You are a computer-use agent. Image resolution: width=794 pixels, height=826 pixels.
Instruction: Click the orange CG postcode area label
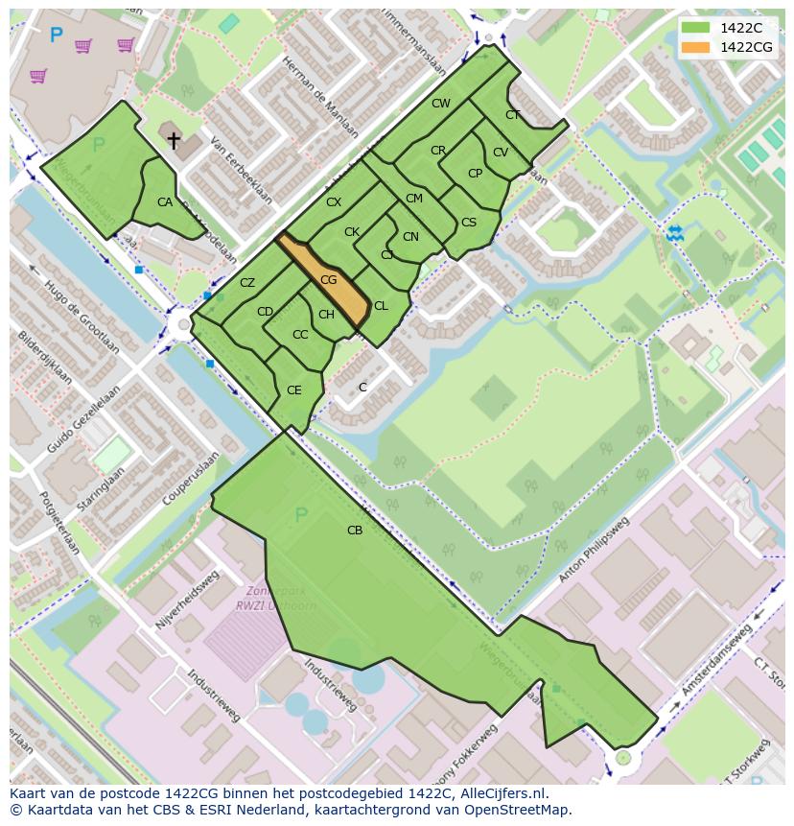coord(328,280)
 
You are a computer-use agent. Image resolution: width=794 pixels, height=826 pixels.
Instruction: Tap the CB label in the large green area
coord(355,530)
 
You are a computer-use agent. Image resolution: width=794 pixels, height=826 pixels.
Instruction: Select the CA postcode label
coord(165,202)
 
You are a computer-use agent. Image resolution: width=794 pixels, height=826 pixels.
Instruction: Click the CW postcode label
coord(440,104)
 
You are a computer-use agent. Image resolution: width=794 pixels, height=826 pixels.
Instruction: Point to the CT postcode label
coord(512,115)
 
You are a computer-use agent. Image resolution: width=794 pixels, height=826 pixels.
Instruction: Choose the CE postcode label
coord(294,390)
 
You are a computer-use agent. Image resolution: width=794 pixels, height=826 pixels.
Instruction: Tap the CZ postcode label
coord(247,283)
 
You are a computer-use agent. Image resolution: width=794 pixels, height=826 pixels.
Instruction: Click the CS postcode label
coord(468,223)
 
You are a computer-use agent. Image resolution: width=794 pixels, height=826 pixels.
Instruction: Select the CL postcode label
coord(381,306)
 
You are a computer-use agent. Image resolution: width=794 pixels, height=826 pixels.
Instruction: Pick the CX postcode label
coord(334,202)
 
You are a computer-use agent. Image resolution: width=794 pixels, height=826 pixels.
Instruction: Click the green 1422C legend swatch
coord(695,28)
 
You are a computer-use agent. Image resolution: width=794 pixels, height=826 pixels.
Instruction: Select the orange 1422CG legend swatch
coord(695,47)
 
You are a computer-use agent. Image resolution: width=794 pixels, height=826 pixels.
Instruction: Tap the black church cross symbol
coord(174,142)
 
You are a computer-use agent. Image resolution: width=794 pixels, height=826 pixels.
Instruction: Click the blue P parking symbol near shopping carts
coord(56,36)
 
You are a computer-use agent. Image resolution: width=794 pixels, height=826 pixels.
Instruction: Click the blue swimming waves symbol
coord(675,232)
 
